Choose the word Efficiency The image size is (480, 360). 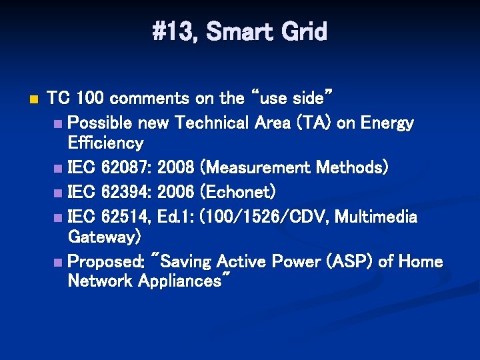pos(105,143)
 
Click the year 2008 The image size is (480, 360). pos(177,167)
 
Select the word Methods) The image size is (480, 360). pos(353,167)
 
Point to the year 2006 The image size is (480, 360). pos(177,192)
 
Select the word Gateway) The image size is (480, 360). pos(105,236)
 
